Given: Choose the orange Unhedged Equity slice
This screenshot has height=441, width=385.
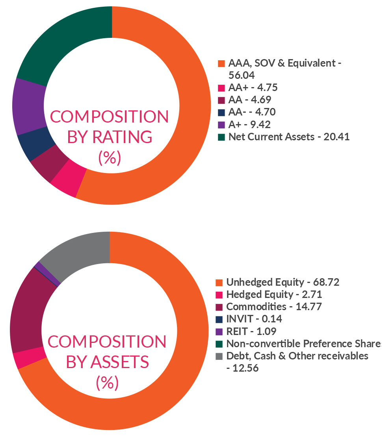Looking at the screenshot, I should tap(173, 355).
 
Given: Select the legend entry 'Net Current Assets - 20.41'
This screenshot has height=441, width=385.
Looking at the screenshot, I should tap(289, 137).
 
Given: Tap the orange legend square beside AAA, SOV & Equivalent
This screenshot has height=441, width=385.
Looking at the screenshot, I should tap(221, 63).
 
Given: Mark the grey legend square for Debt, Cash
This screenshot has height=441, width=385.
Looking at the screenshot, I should tap(219, 356).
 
